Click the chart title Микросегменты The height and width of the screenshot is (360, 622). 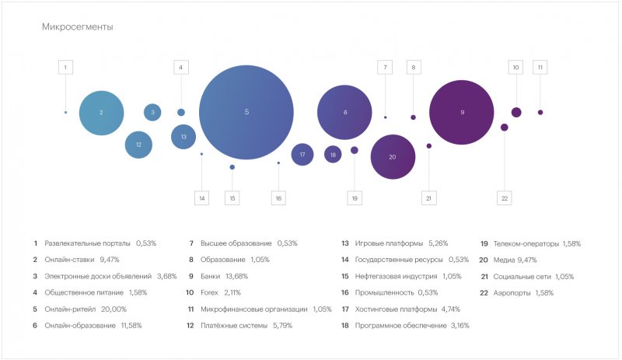click(77, 27)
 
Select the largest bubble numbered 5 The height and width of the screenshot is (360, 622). click(246, 112)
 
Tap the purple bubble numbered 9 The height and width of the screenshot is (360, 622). click(462, 112)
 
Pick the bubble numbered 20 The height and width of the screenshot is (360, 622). click(393, 157)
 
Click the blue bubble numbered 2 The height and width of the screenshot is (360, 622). click(101, 113)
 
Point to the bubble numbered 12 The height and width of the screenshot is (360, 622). click(138, 145)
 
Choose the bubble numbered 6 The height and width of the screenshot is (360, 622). click(345, 112)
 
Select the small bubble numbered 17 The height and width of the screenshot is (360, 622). click(302, 155)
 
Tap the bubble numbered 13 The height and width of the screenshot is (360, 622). click(183, 137)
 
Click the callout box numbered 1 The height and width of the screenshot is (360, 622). click(65, 68)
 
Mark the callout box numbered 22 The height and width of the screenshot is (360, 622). click(505, 198)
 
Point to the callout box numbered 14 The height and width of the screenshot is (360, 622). click(202, 198)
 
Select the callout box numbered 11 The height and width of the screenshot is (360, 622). click(540, 68)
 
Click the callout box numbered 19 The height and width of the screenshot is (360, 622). click(355, 198)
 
